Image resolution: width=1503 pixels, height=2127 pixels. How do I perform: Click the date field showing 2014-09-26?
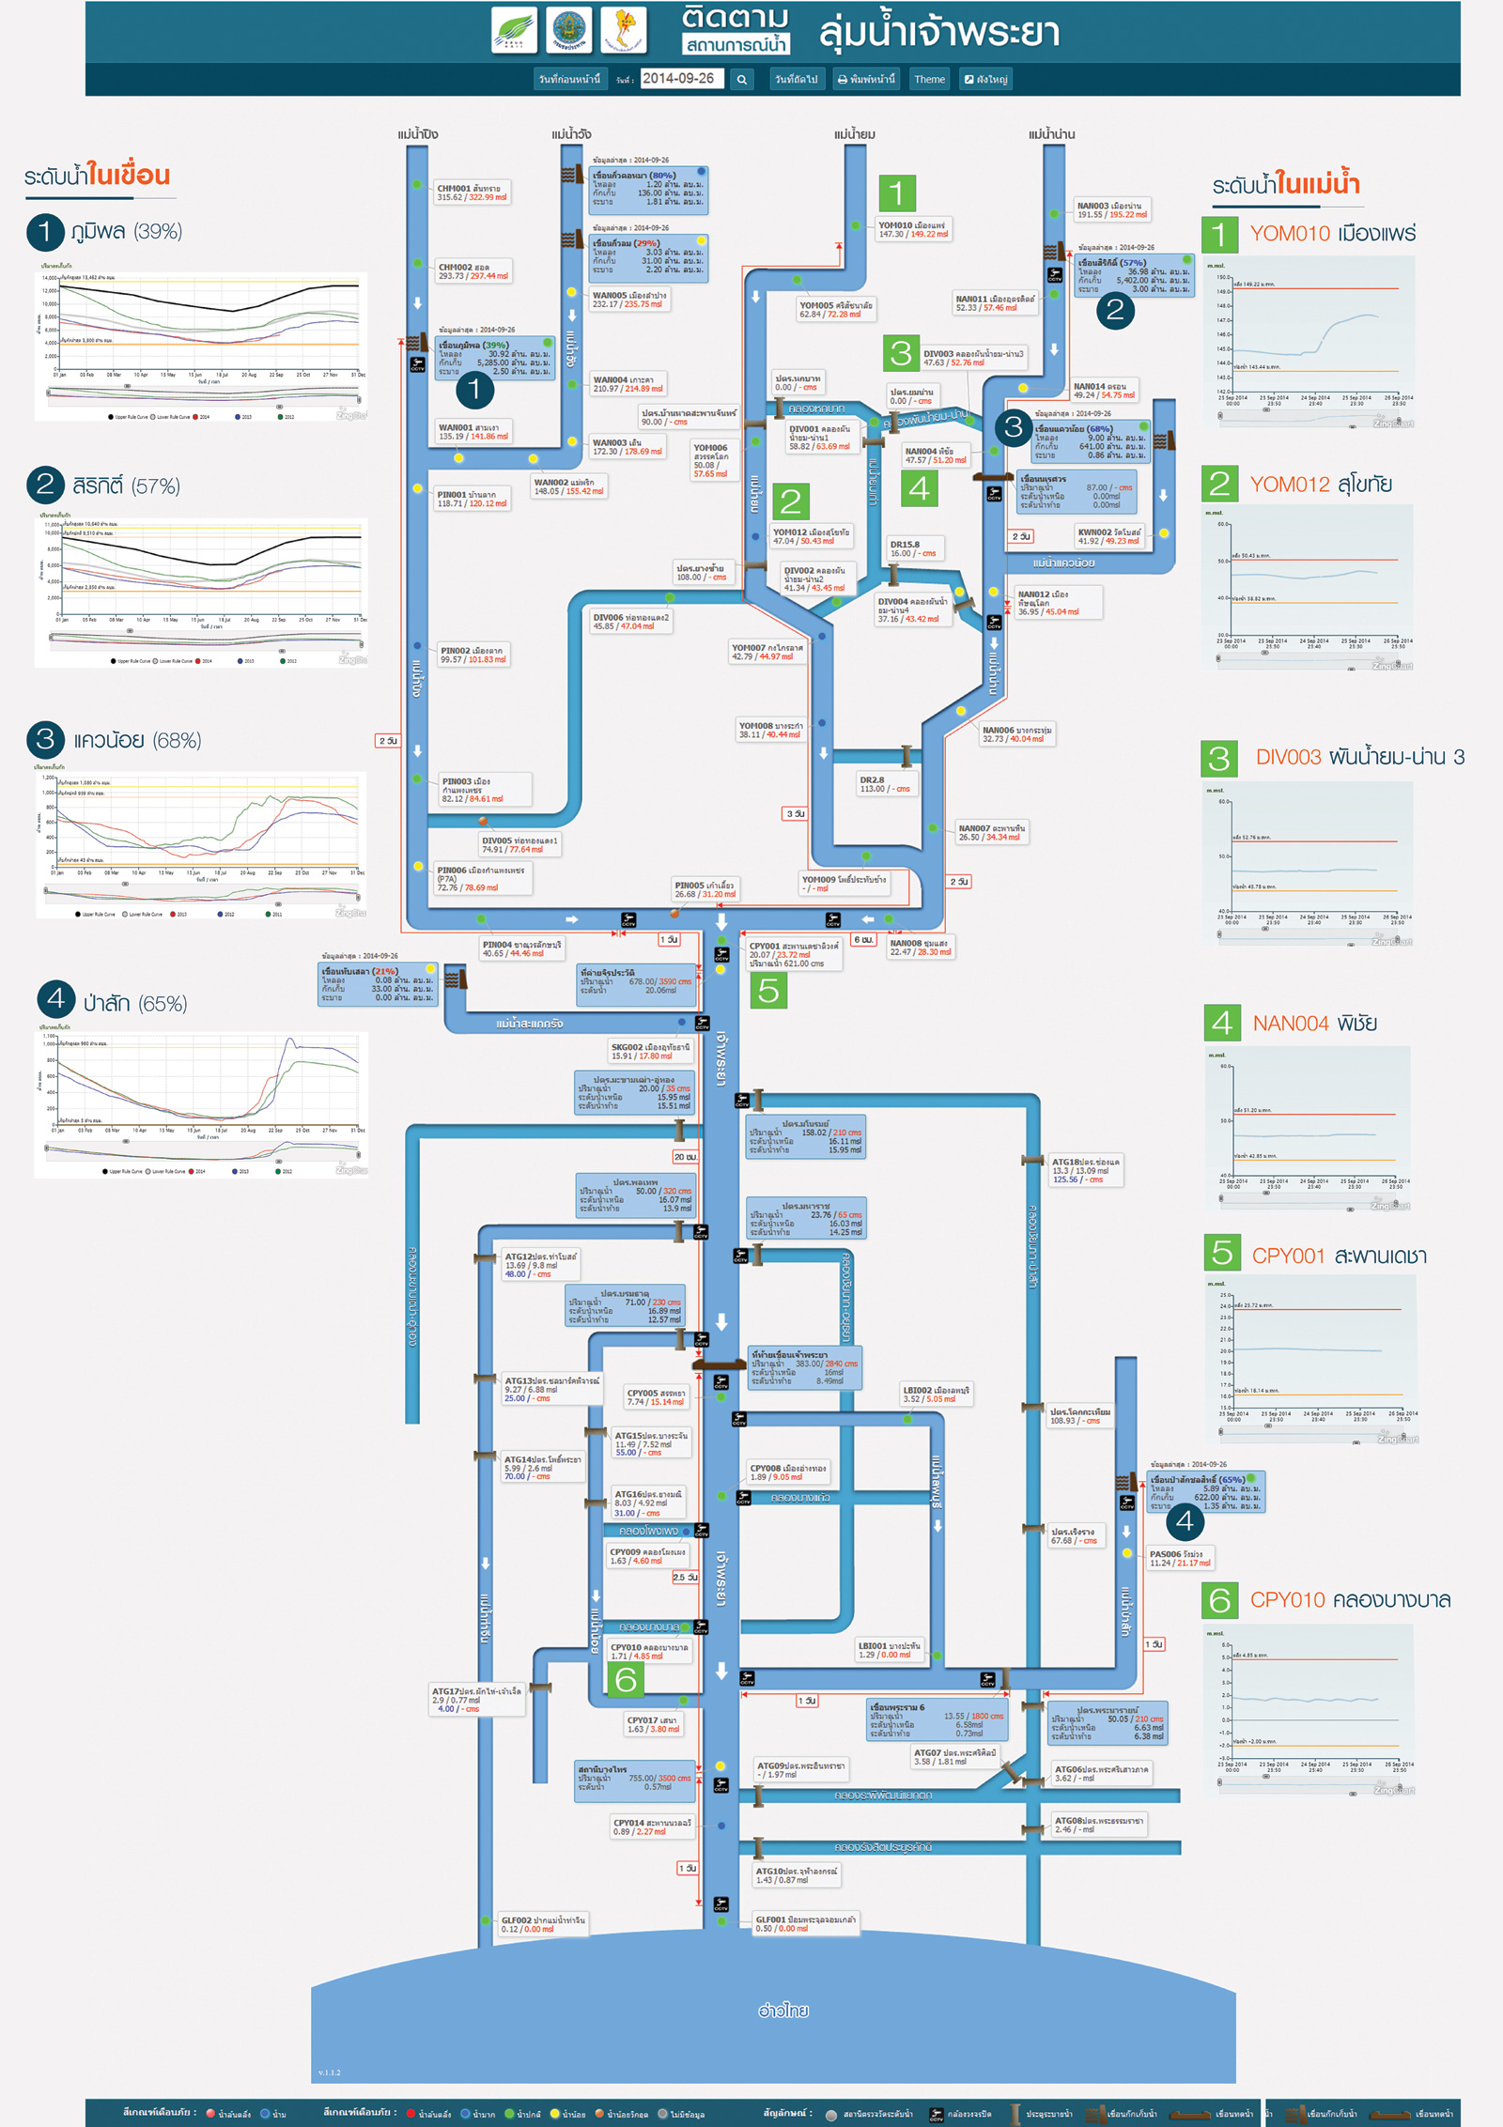(681, 79)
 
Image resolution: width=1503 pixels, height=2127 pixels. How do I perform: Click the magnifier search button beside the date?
(742, 80)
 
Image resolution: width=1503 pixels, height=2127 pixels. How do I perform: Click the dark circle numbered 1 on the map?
(474, 389)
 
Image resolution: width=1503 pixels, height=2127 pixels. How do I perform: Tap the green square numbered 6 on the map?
(626, 1679)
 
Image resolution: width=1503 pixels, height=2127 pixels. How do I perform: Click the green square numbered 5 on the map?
(768, 990)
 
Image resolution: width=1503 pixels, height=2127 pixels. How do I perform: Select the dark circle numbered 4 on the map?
(1185, 1520)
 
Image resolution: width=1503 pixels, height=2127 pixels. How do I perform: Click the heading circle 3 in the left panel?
(45, 739)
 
